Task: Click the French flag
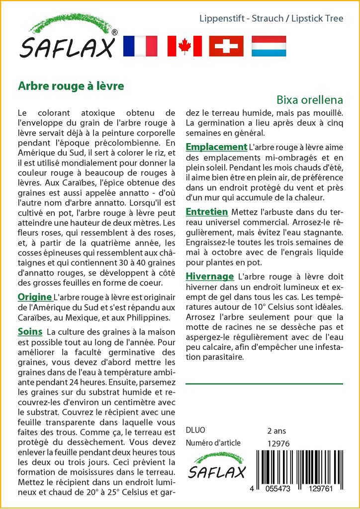140,46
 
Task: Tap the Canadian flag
184,46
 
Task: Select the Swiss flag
226,46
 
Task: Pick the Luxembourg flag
269,46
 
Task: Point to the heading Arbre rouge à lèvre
71,85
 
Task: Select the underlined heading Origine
34,297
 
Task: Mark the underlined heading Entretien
206,211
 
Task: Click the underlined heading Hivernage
209,276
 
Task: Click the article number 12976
278,443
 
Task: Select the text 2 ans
276,430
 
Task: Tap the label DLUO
195,430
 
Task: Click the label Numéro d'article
213,443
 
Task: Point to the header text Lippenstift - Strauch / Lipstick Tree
270,19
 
